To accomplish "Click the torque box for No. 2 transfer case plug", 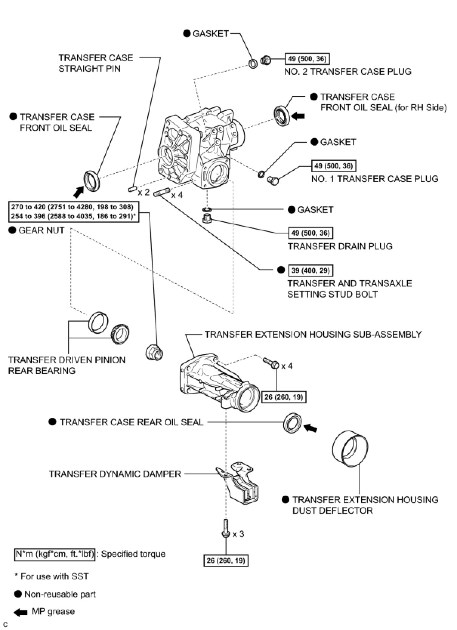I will coord(307,59).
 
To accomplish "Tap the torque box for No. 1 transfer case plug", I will coord(333,166).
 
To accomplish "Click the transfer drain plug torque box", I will coord(311,233).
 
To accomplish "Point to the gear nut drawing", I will coord(154,352).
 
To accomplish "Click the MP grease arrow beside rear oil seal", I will coord(311,428).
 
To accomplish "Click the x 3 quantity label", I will coord(238,534).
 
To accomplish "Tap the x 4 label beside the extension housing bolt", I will coord(287,366).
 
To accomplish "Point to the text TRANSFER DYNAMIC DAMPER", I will coord(115,474).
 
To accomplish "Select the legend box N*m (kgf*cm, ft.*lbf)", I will coord(55,554).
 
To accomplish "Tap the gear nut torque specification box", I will coord(73,212).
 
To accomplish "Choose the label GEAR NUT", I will coord(42,230).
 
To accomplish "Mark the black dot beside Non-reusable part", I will coord(18,594).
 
